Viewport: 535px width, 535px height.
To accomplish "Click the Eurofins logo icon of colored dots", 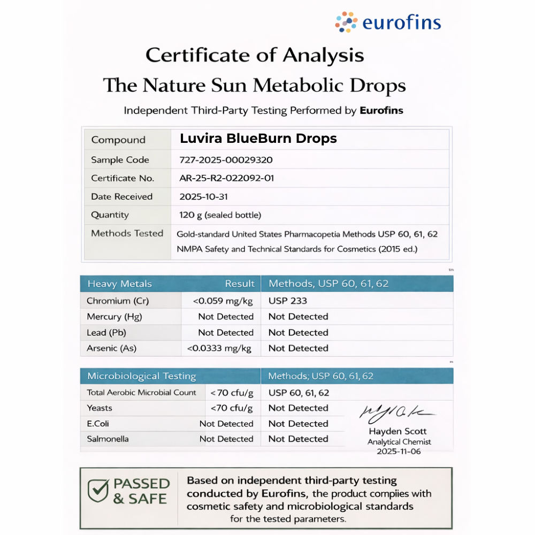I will [x=346, y=22].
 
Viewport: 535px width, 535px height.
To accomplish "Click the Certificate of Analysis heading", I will [x=255, y=55].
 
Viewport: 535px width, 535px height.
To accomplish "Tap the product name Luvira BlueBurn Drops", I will [x=258, y=139].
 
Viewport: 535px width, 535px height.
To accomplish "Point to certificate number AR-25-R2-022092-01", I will [x=227, y=178].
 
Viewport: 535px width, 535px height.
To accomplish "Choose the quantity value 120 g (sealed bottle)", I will [x=220, y=215].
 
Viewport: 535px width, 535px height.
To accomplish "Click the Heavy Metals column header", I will [x=119, y=284].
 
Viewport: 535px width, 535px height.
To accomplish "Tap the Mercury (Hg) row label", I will [x=114, y=317].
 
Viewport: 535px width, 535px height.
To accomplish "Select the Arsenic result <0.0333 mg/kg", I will [x=219, y=348].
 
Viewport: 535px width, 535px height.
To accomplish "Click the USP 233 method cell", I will [x=288, y=301].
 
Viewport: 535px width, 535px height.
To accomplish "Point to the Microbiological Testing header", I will [x=142, y=376].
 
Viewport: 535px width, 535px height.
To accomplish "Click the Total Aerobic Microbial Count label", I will [x=142, y=393].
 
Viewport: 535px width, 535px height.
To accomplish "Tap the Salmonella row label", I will [x=108, y=439].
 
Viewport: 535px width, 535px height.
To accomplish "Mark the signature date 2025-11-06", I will [x=399, y=452].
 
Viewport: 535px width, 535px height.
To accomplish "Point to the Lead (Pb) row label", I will [x=106, y=333].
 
